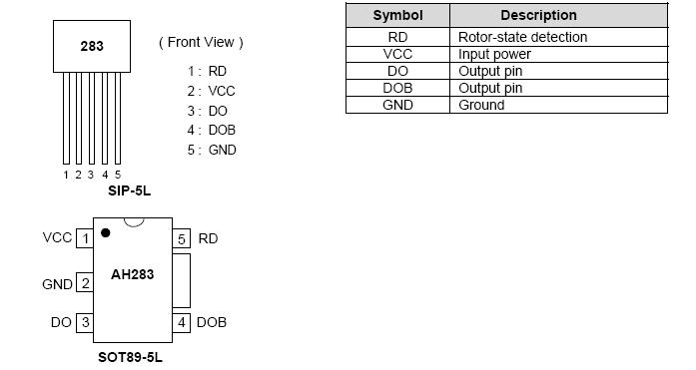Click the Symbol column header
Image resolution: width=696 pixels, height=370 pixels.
click(x=397, y=15)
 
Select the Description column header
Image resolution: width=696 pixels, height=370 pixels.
click(x=538, y=15)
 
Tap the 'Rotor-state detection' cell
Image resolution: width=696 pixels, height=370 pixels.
click(x=522, y=37)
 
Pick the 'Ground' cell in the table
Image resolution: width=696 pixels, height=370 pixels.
click(x=481, y=105)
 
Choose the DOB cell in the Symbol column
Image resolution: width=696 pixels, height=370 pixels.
click(x=397, y=88)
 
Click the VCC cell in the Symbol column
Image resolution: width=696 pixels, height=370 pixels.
click(x=397, y=54)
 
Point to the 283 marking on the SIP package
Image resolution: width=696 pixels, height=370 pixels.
click(x=92, y=46)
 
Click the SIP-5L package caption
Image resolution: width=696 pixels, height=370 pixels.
click(x=129, y=189)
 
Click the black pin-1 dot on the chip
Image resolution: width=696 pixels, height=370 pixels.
click(x=105, y=233)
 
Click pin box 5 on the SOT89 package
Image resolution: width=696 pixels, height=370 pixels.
click(x=182, y=238)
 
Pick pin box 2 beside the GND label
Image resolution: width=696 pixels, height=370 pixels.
click(x=86, y=284)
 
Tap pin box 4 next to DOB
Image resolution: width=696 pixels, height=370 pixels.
click(x=182, y=322)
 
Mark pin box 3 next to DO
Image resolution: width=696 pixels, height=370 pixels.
click(x=86, y=322)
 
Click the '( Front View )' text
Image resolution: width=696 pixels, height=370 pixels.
click(x=201, y=42)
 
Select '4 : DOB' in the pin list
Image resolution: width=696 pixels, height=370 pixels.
click(x=211, y=130)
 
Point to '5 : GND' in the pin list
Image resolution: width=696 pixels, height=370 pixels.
click(x=211, y=150)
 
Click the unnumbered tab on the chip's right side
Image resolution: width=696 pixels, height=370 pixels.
click(x=181, y=280)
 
